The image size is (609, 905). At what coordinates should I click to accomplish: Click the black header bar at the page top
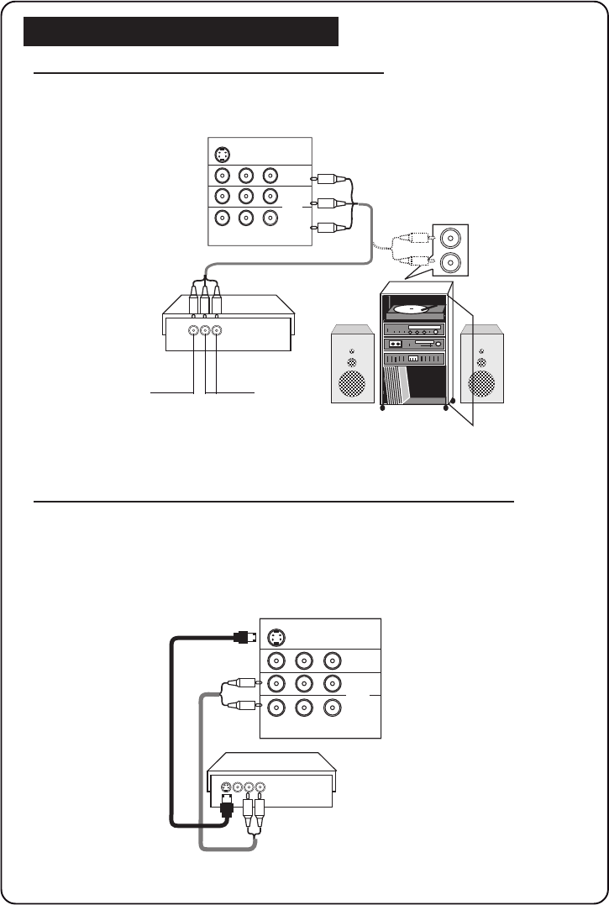[x=181, y=31]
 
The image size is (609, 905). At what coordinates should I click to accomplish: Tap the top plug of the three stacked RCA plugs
[x=325, y=179]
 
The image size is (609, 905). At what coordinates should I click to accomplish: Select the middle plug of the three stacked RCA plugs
[x=325, y=203]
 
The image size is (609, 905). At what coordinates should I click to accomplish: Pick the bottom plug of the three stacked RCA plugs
[x=325, y=227]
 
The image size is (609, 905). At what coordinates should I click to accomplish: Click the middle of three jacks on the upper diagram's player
[x=206, y=330]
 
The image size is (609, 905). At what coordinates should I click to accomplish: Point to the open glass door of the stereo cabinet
[x=461, y=353]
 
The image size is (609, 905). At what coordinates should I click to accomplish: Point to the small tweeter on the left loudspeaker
[x=352, y=364]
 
